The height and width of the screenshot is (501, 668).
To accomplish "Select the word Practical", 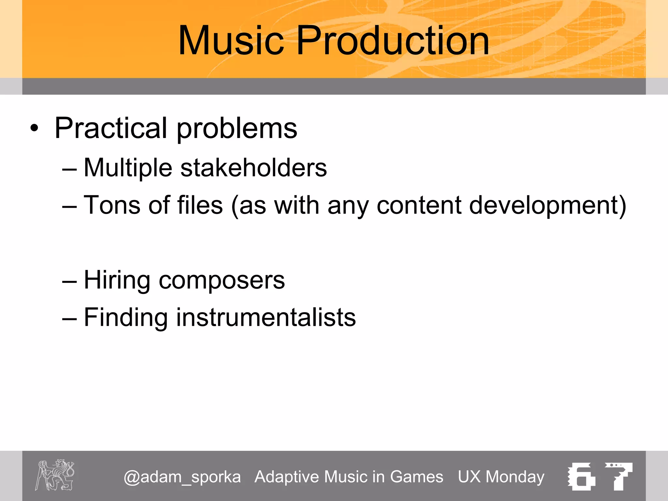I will pos(111,128).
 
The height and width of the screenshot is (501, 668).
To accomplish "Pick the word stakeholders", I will pos(253,168).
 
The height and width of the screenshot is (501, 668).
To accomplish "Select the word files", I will pos(200,205).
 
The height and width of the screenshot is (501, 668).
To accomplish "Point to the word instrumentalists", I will pos(266,317).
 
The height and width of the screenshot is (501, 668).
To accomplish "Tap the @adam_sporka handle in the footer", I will pos(182,477).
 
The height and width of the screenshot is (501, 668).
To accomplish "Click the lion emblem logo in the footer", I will pos(55,475).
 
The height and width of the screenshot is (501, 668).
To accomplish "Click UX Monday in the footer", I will pos(501,477).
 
